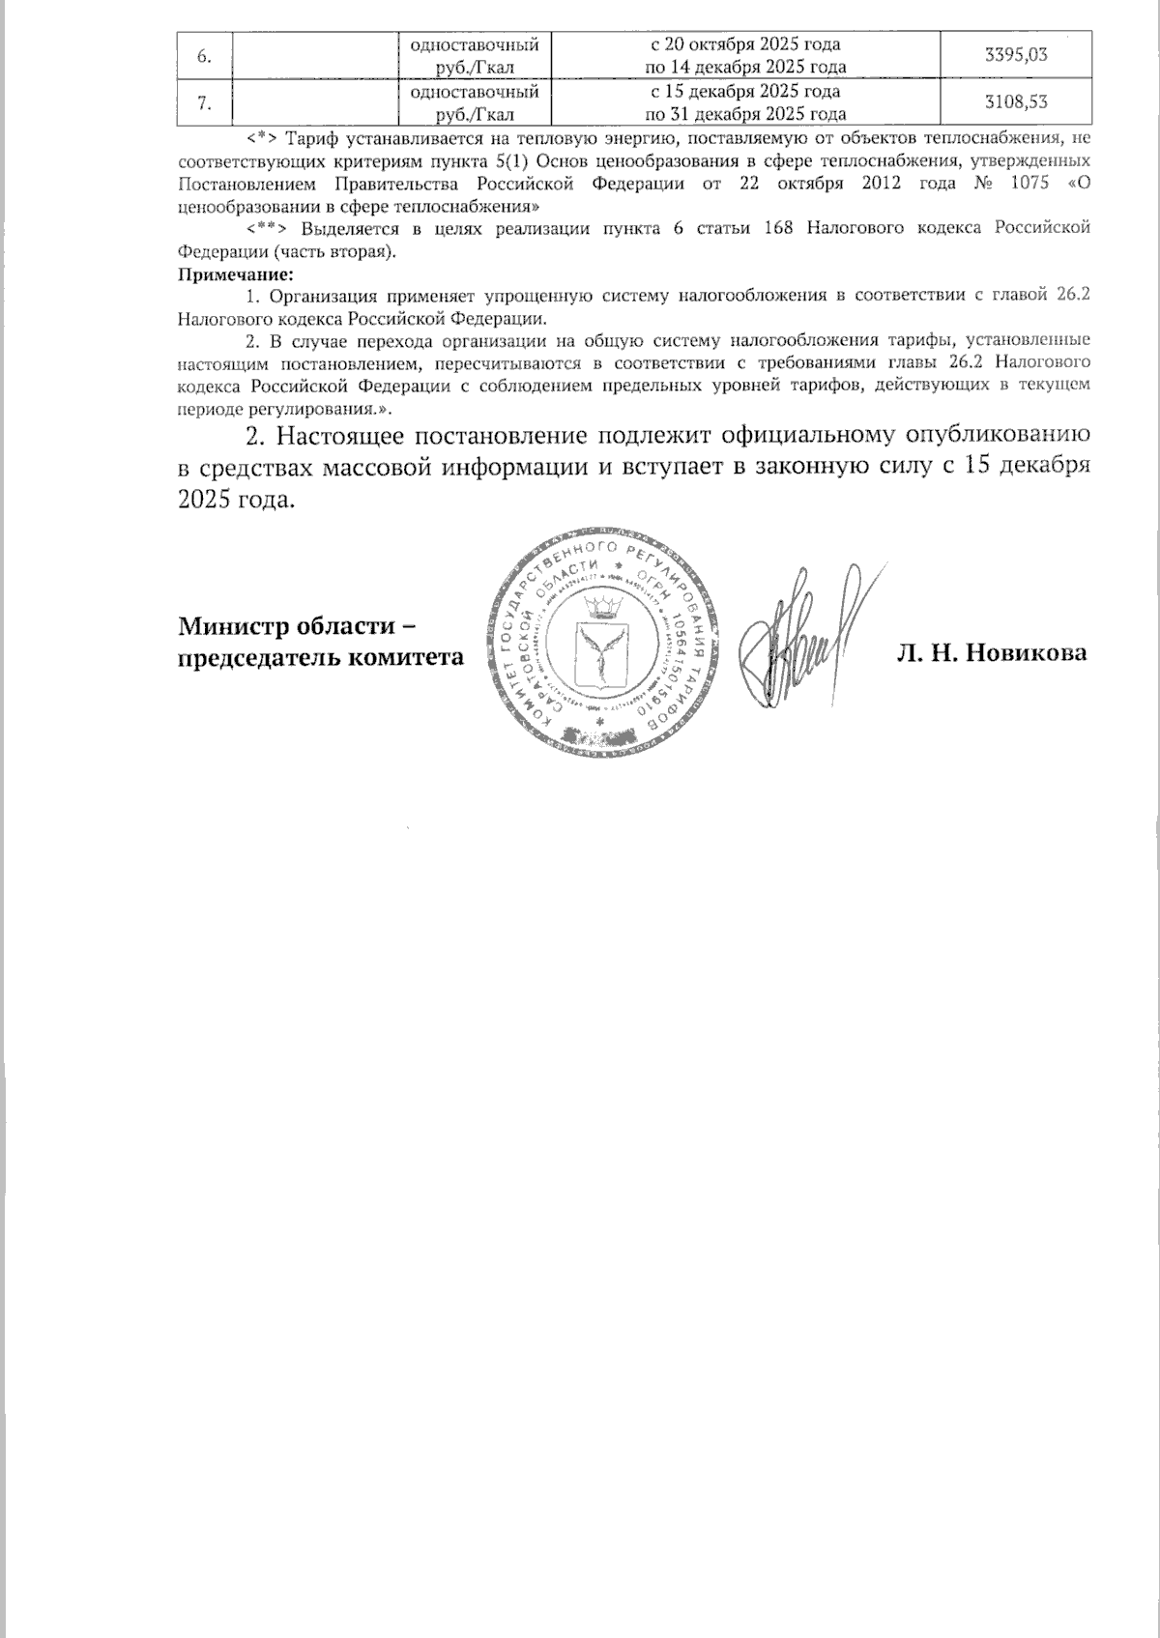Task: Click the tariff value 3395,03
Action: coord(1014,54)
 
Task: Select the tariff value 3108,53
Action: coord(1014,102)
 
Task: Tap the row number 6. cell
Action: coord(205,54)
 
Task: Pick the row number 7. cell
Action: coord(205,102)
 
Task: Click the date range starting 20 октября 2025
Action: coord(743,55)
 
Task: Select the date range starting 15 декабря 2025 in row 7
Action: coord(743,102)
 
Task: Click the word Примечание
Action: coord(236,274)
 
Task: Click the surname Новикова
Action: coord(1029,653)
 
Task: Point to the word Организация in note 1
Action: coord(325,298)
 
